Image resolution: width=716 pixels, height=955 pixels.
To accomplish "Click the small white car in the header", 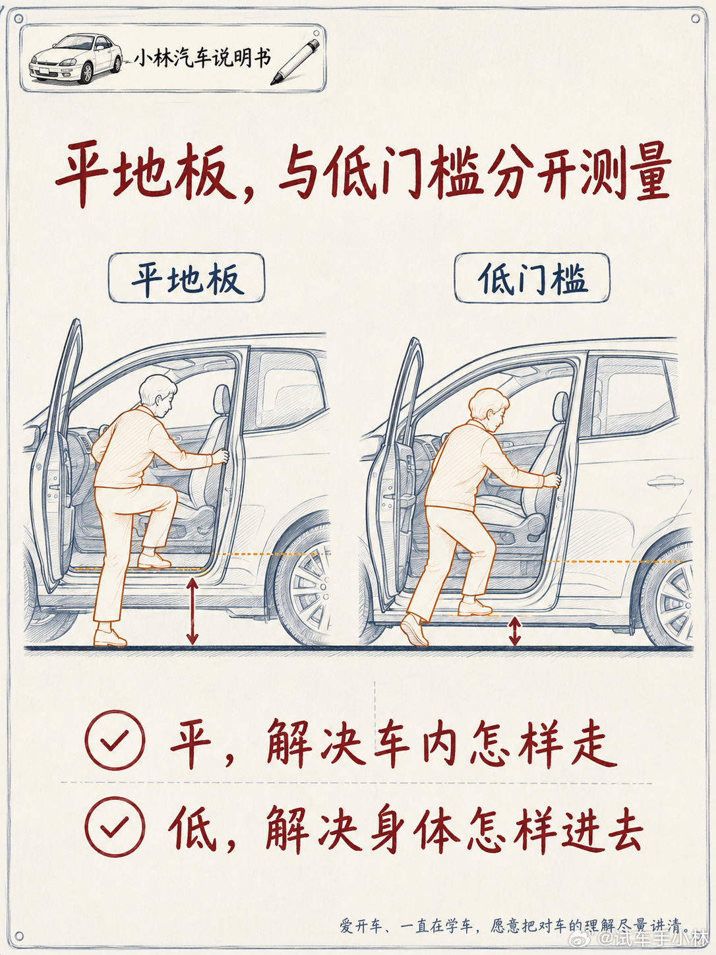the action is [x=76, y=59].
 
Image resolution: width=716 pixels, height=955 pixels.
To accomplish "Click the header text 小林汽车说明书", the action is [x=202, y=59].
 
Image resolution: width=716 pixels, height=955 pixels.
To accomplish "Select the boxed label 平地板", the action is [x=187, y=278].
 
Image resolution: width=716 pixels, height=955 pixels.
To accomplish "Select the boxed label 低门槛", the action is [x=532, y=278].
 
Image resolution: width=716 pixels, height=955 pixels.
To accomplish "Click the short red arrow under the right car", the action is [x=515, y=632].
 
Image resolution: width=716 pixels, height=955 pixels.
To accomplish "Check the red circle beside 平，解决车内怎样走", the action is [x=115, y=740].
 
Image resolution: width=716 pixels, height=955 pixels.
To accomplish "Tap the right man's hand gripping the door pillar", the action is [x=552, y=480].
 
